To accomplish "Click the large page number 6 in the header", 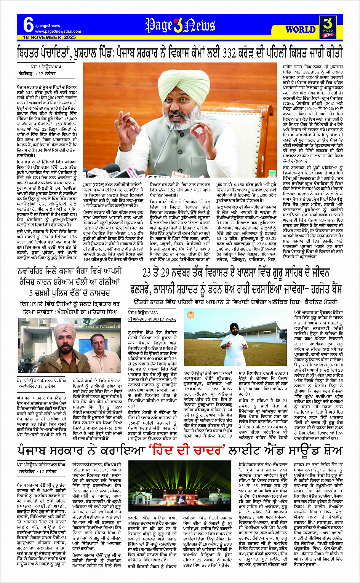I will [28, 25].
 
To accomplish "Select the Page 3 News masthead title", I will [180, 26].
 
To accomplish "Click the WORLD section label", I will [301, 30].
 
